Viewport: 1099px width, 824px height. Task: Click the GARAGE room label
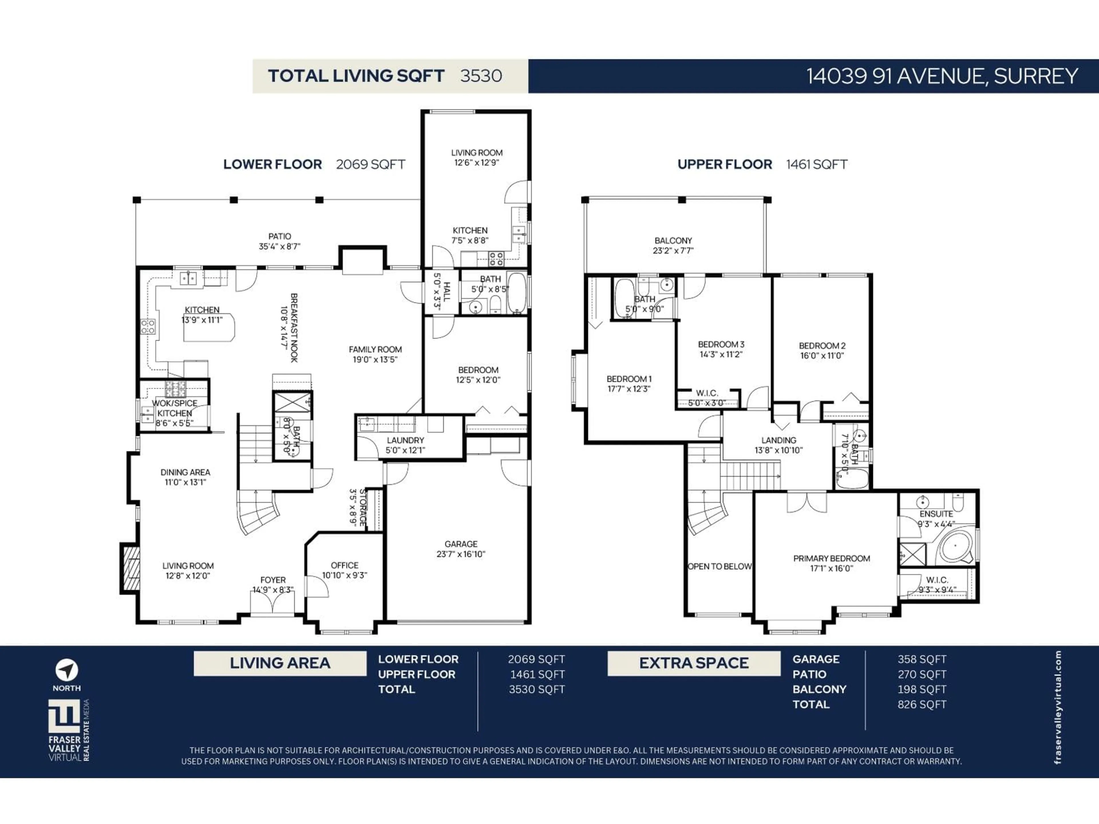pyautogui.click(x=460, y=544)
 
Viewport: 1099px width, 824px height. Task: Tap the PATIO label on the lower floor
pyautogui.click(x=279, y=236)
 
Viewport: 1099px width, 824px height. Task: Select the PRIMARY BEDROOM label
pyautogui.click(x=831, y=558)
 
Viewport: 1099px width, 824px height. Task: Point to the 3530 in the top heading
pyautogui.click(x=481, y=76)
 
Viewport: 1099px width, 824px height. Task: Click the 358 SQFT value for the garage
pyautogui.click(x=922, y=659)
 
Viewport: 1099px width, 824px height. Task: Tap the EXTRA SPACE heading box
pyautogui.click(x=693, y=663)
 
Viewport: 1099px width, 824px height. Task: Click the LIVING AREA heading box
pyautogui.click(x=280, y=663)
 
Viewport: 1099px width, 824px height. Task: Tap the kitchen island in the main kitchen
pyautogui.click(x=209, y=328)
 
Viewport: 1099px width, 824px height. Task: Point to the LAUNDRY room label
pyautogui.click(x=406, y=440)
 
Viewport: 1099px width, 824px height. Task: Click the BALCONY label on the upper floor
pyautogui.click(x=673, y=240)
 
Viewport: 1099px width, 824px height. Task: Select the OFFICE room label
pyautogui.click(x=344, y=565)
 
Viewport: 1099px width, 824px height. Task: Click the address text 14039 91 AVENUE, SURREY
pyautogui.click(x=942, y=76)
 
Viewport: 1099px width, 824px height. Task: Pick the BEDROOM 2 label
pyautogui.click(x=822, y=346)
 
